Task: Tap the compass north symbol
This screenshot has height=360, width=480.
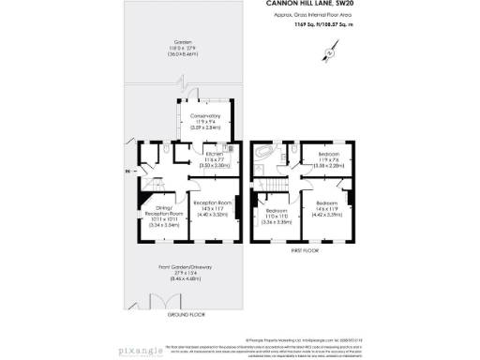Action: [x=330, y=53]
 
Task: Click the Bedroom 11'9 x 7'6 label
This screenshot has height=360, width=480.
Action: [x=329, y=157]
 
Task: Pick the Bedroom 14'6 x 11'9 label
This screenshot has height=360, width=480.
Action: [x=326, y=208]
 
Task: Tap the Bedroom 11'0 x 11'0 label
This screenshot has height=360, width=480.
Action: [x=276, y=216]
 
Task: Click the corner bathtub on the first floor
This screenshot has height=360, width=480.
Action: [x=267, y=152]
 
